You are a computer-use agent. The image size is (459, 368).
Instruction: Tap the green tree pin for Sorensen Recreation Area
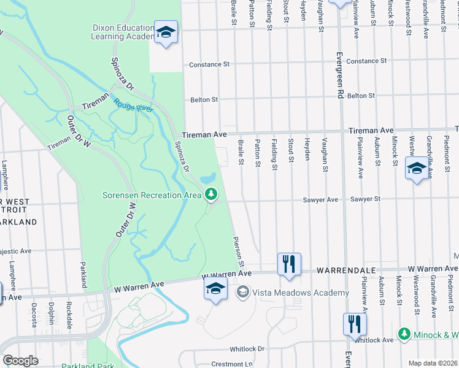click(211, 194)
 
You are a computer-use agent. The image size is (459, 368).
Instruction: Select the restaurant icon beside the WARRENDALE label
click(288, 264)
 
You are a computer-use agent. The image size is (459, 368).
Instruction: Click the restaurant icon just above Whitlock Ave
click(355, 324)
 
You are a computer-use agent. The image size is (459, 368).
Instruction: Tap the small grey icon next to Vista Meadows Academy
click(243, 293)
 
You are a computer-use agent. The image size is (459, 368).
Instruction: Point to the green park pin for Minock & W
click(404, 334)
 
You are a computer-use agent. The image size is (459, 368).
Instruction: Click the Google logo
click(20, 361)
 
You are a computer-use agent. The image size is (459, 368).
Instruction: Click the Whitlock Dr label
click(247, 349)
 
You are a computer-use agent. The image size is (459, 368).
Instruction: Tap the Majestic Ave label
click(15, 251)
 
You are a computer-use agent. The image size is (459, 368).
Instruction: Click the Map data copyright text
click(432, 363)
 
